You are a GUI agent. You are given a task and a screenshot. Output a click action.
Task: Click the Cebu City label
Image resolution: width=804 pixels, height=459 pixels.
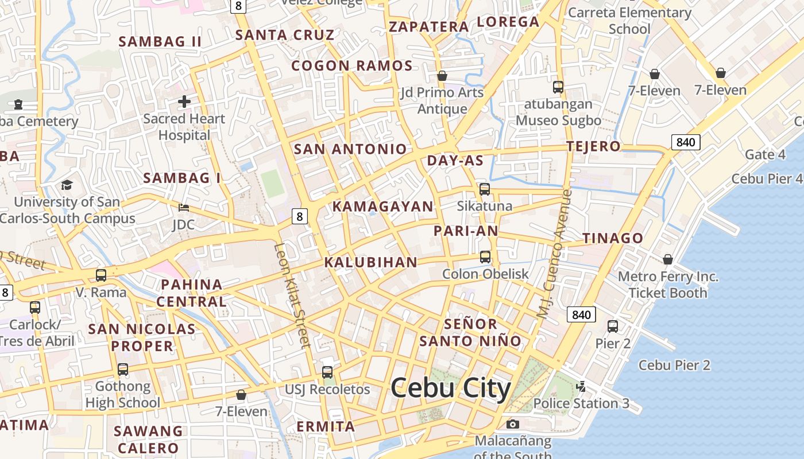[x=451, y=389]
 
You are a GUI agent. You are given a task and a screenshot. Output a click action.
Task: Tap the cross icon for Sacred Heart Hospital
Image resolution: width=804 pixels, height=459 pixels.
[x=184, y=102]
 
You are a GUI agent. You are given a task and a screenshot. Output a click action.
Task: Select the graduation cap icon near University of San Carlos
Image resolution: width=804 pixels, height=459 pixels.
[x=67, y=185]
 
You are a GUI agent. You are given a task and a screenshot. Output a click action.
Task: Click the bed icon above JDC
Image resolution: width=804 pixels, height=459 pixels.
[x=184, y=207]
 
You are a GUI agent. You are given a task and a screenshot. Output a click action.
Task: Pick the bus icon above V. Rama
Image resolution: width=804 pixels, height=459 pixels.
[x=101, y=275]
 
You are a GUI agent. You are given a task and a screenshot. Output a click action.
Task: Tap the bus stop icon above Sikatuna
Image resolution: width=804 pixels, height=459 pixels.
[x=485, y=189]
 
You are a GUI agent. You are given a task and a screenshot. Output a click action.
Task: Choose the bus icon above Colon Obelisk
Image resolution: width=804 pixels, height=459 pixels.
[x=485, y=256]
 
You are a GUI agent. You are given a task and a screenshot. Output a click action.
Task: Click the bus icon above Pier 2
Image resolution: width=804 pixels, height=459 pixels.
[x=613, y=326]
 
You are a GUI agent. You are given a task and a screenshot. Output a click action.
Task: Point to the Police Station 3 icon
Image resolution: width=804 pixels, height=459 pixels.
[x=581, y=386]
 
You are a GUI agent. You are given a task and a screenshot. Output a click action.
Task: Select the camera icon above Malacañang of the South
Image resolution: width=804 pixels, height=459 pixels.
[x=513, y=424]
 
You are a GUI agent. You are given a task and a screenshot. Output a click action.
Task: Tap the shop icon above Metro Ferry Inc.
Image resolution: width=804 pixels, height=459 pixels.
[x=668, y=259]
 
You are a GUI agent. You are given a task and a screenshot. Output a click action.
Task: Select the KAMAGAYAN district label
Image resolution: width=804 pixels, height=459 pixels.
[x=383, y=207]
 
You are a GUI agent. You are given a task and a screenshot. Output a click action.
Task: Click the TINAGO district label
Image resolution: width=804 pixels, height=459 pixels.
[x=613, y=238]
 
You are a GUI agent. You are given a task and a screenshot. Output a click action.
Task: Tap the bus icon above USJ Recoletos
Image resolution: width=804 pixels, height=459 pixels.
[x=327, y=372]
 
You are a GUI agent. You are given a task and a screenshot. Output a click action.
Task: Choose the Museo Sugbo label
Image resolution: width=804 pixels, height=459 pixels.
[x=558, y=120]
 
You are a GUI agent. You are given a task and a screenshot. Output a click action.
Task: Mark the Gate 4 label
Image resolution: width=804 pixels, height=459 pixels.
[x=765, y=154]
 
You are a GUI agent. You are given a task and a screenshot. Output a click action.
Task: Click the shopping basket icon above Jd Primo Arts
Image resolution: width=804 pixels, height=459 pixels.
[x=442, y=76]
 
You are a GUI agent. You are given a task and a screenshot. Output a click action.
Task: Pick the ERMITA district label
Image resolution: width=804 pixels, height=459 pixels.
[x=326, y=426]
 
